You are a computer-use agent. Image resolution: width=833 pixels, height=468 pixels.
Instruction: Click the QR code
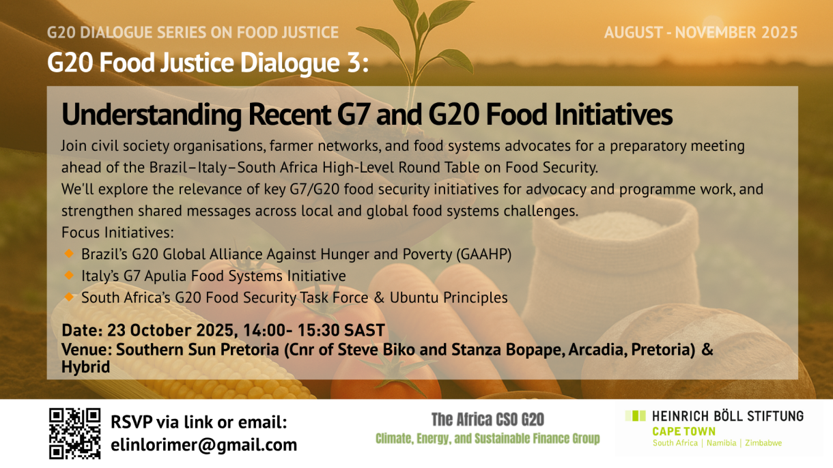tap(74, 433)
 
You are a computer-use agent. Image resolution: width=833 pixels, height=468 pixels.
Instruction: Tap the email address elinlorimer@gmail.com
tap(203, 445)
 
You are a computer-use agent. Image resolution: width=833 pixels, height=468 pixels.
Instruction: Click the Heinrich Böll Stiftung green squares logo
tap(636, 415)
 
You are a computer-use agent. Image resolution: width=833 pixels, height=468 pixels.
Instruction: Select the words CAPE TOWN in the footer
tap(684, 431)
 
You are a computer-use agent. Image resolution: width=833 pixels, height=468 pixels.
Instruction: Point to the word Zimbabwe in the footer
tap(763, 443)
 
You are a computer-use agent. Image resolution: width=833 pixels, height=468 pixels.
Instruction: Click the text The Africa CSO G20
tap(488, 420)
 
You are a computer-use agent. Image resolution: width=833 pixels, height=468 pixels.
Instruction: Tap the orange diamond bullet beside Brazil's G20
tap(69, 254)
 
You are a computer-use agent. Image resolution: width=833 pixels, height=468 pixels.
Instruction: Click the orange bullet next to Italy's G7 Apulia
tap(69, 275)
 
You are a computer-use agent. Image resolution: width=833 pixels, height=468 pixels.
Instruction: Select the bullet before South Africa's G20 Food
tap(69, 297)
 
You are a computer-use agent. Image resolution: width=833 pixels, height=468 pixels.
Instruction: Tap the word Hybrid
tap(85, 367)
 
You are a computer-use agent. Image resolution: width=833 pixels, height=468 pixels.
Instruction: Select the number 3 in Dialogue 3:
tap(354, 62)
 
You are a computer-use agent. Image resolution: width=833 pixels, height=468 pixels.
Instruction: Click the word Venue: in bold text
tap(86, 349)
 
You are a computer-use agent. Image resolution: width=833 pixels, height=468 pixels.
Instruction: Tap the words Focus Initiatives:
tap(117, 233)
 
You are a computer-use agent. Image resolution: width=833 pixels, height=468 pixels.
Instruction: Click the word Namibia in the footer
tap(722, 443)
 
